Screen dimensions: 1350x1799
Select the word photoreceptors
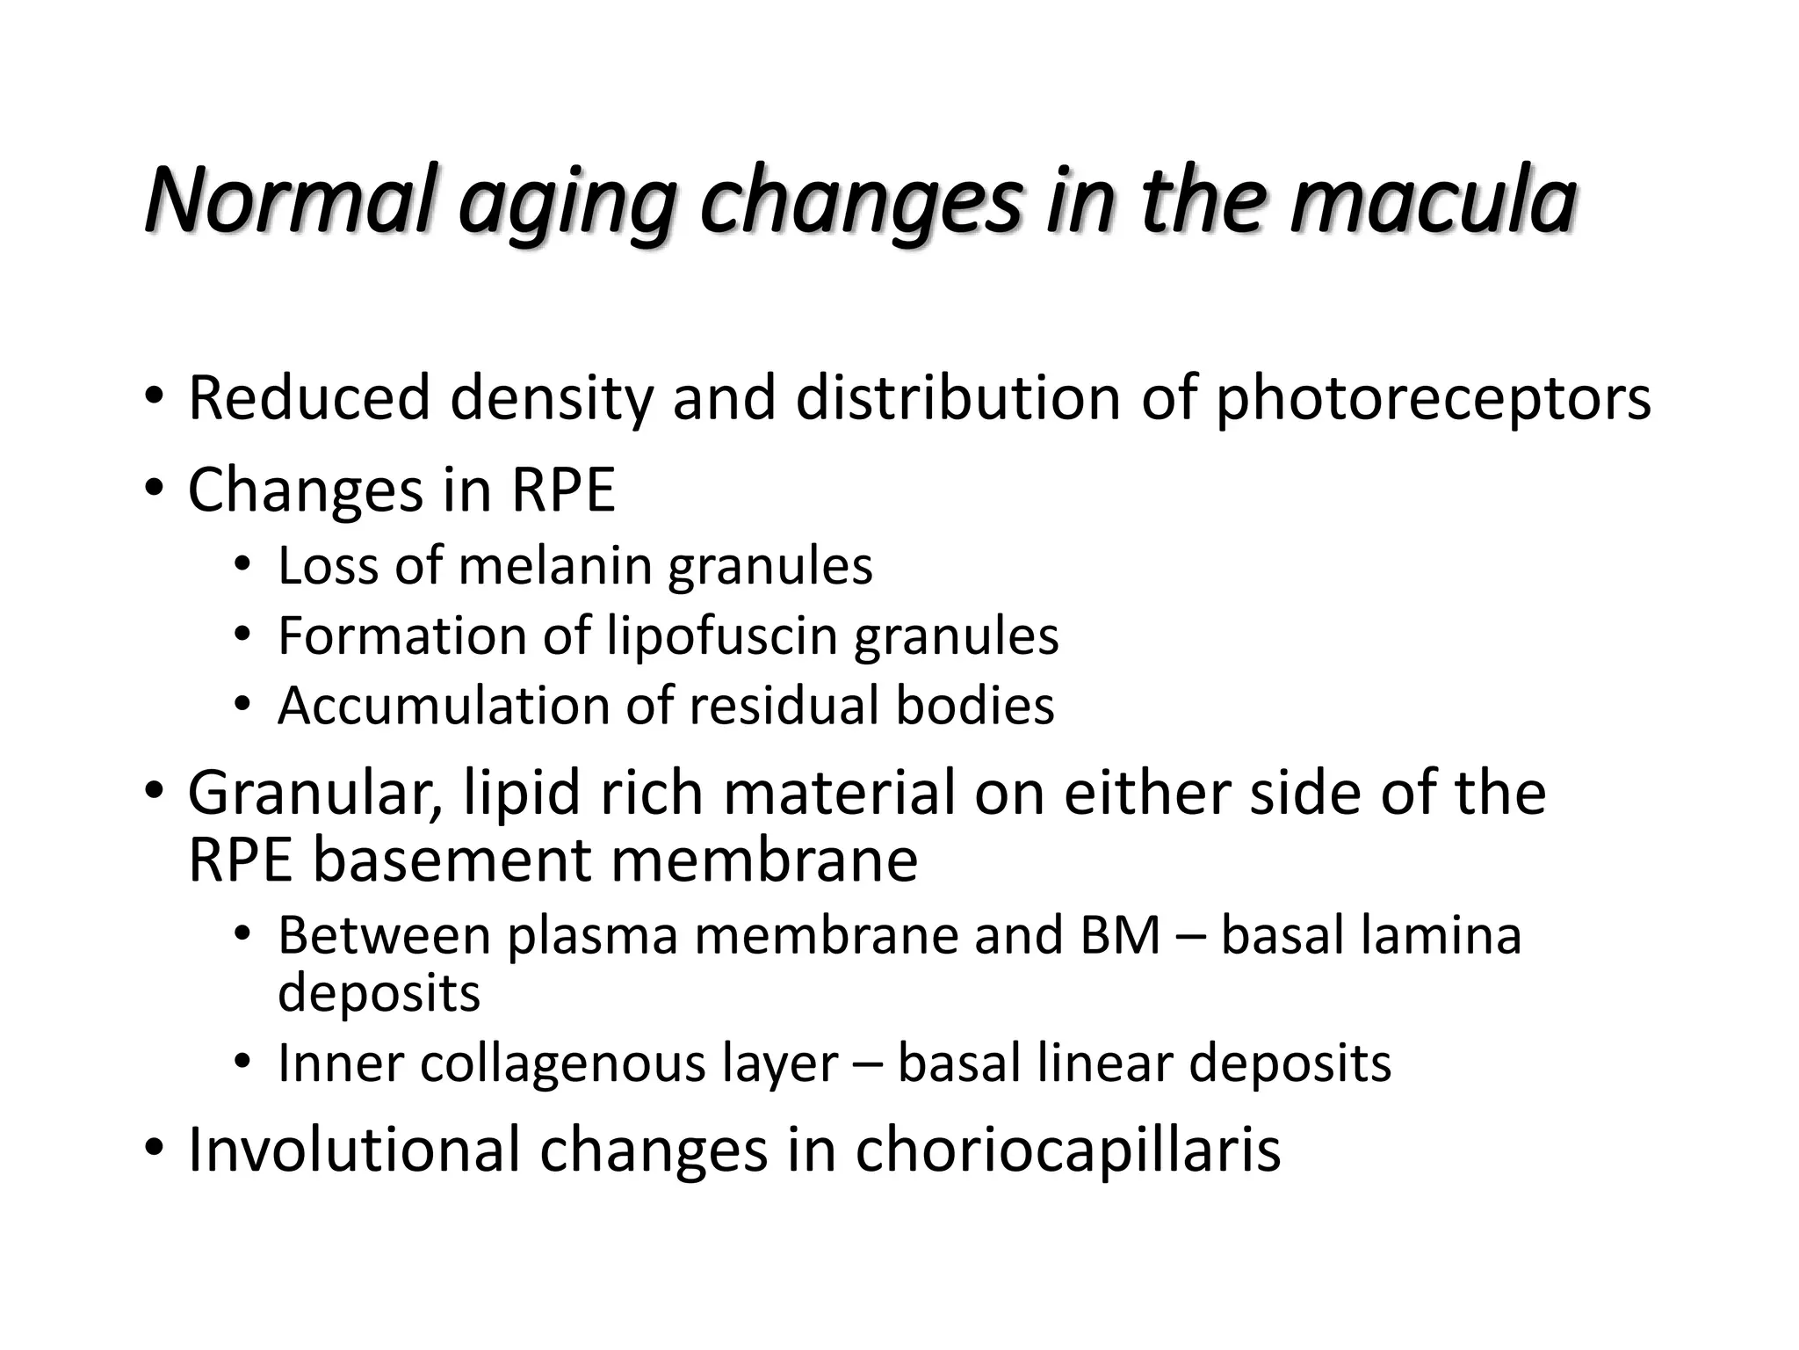[1433, 399]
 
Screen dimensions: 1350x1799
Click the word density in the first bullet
[552, 399]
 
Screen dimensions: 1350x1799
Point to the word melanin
[554, 565]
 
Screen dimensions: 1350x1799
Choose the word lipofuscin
[722, 635]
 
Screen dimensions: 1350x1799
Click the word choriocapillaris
[1068, 1150]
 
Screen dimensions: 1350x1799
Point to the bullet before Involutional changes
[154, 1147]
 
